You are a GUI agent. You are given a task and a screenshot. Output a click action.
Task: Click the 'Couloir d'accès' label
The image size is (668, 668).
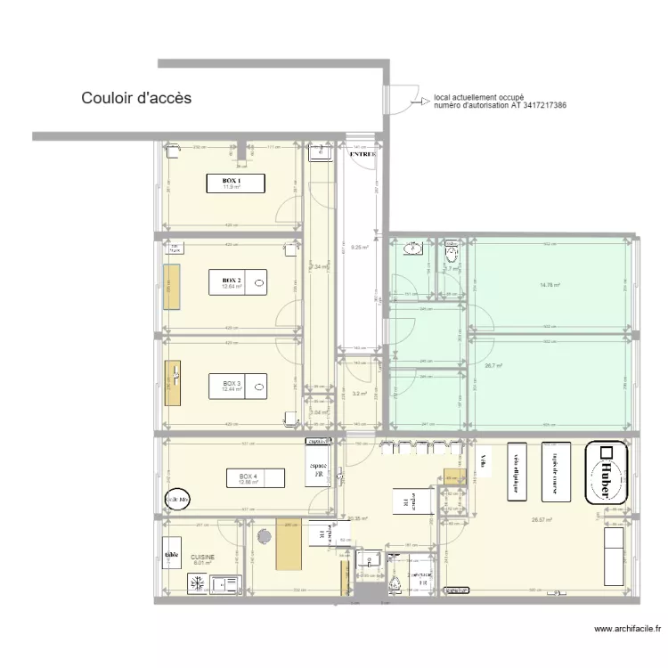[136, 98]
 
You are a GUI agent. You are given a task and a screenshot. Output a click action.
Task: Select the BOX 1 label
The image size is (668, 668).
[232, 181]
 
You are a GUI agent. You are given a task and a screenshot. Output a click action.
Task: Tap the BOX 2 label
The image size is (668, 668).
[232, 281]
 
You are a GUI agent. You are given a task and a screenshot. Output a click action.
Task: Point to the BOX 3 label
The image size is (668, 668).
[232, 384]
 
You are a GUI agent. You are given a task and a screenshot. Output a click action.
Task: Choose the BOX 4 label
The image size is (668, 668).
[248, 477]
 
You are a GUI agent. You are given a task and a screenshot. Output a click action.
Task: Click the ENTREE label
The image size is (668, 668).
[363, 154]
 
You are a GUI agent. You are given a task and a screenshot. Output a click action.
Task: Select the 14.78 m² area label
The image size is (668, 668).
[550, 285]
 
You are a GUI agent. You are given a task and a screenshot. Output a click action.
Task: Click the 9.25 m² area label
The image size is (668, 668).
[360, 247]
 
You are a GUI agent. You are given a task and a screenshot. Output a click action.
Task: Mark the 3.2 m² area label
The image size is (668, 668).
[360, 393]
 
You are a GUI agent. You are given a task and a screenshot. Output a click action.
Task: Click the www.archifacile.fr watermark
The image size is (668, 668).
[628, 629]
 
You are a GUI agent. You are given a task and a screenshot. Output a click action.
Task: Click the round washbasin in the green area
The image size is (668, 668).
[412, 248]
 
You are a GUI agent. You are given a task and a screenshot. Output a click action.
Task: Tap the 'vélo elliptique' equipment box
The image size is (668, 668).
[516, 470]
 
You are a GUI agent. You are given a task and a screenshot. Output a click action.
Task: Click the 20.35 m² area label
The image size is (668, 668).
[358, 517]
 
